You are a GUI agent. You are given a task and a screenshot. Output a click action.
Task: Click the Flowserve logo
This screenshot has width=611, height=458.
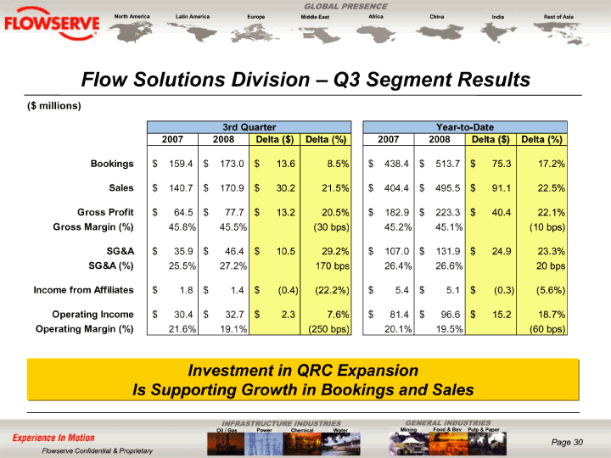coord(52,24)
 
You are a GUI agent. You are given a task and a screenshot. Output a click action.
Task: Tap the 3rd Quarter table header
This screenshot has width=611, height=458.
coord(249,127)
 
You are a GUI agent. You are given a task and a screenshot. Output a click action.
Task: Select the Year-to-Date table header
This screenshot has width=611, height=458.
coord(465,127)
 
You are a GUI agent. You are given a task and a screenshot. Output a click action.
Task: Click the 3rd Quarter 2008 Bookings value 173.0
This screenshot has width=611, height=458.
coord(232,164)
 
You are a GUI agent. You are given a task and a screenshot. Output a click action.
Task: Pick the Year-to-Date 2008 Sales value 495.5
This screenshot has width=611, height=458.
coord(448,188)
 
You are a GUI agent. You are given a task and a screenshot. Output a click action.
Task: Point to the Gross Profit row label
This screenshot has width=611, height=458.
coord(105,212)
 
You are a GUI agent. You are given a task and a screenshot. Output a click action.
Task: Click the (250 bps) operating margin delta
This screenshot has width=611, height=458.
coord(329,329)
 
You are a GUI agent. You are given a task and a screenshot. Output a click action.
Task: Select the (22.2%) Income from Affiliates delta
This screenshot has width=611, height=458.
coord(332,290)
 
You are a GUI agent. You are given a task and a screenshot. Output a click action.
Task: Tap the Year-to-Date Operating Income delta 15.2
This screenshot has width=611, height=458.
coord(502,315)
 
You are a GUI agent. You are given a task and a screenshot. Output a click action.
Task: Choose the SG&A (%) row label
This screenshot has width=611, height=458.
coord(111,265)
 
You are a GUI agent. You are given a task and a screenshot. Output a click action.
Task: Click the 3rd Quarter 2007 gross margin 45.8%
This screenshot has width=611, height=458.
coord(182,227)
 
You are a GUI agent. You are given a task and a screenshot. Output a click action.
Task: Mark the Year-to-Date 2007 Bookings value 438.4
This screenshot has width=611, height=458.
coord(396,164)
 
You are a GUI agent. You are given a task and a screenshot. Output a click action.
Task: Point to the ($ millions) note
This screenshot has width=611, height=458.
coord(54,106)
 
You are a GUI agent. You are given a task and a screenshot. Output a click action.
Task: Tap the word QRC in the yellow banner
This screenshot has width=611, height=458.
coord(315,371)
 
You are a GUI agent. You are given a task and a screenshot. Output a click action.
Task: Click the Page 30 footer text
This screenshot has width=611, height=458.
coord(567,442)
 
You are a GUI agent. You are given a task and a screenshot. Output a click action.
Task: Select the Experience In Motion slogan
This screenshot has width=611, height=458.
coord(53,438)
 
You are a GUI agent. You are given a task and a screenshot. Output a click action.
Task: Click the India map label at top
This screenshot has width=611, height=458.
coord(497,17)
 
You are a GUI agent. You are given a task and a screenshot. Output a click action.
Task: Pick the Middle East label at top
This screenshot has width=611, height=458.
coord(315,17)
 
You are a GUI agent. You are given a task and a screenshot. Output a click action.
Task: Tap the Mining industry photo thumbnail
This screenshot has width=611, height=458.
coord(409,444)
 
